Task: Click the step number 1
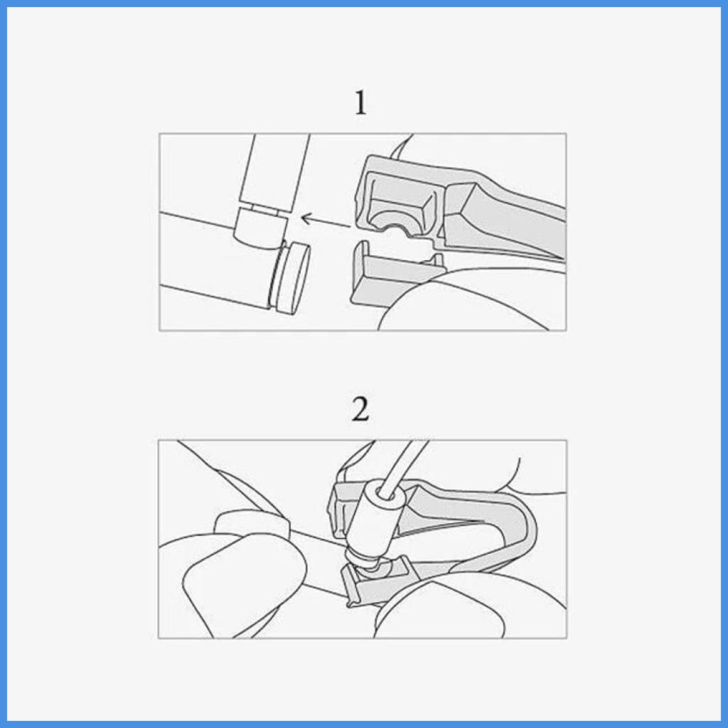[360, 102]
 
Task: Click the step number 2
[360, 409]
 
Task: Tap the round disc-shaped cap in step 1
[291, 278]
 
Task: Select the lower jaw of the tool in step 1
[395, 274]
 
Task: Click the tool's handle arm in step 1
[506, 218]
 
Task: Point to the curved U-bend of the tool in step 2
[523, 529]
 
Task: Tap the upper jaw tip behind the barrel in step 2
[341, 506]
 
